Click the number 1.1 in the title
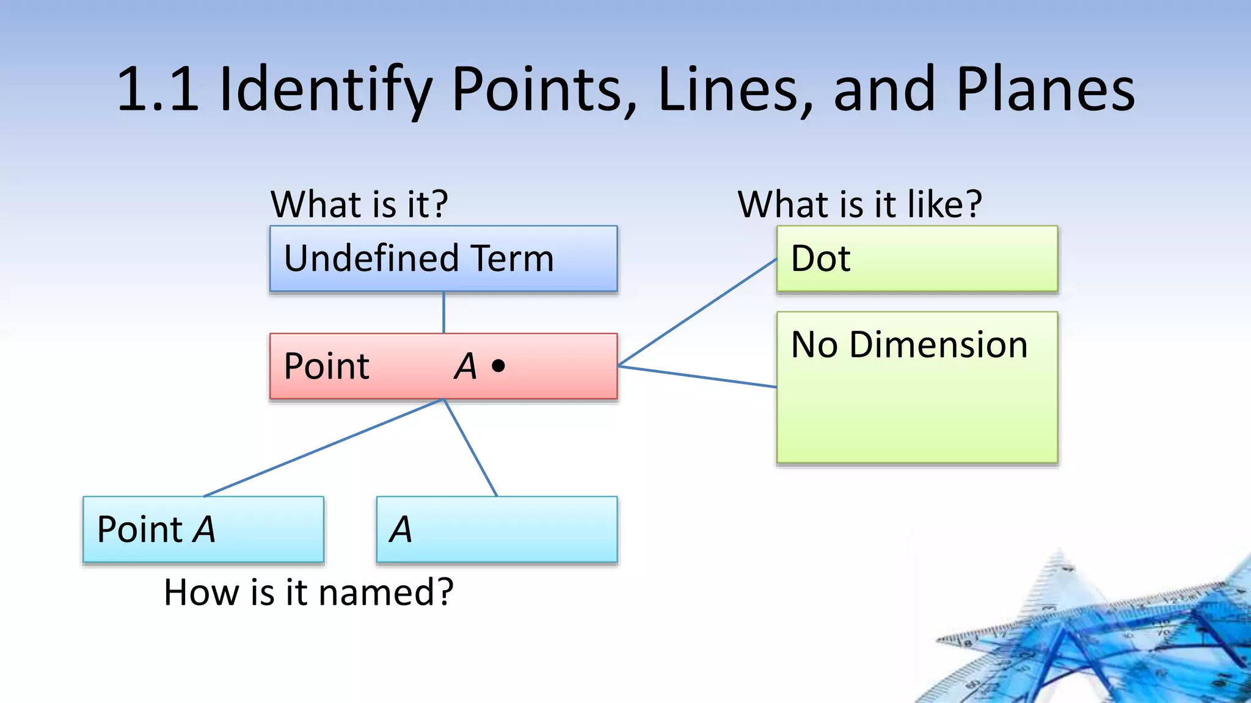point(158,90)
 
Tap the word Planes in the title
point(1045,90)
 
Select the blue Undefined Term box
point(443,259)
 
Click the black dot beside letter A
point(498,366)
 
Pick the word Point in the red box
point(326,366)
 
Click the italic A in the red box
point(465,366)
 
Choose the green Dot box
point(916,259)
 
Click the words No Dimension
point(909,345)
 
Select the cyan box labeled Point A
point(203,529)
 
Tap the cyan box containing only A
point(497,529)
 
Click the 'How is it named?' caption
point(308,592)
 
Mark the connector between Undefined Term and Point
point(443,312)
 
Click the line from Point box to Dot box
point(696,312)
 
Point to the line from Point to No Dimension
point(696,376)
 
